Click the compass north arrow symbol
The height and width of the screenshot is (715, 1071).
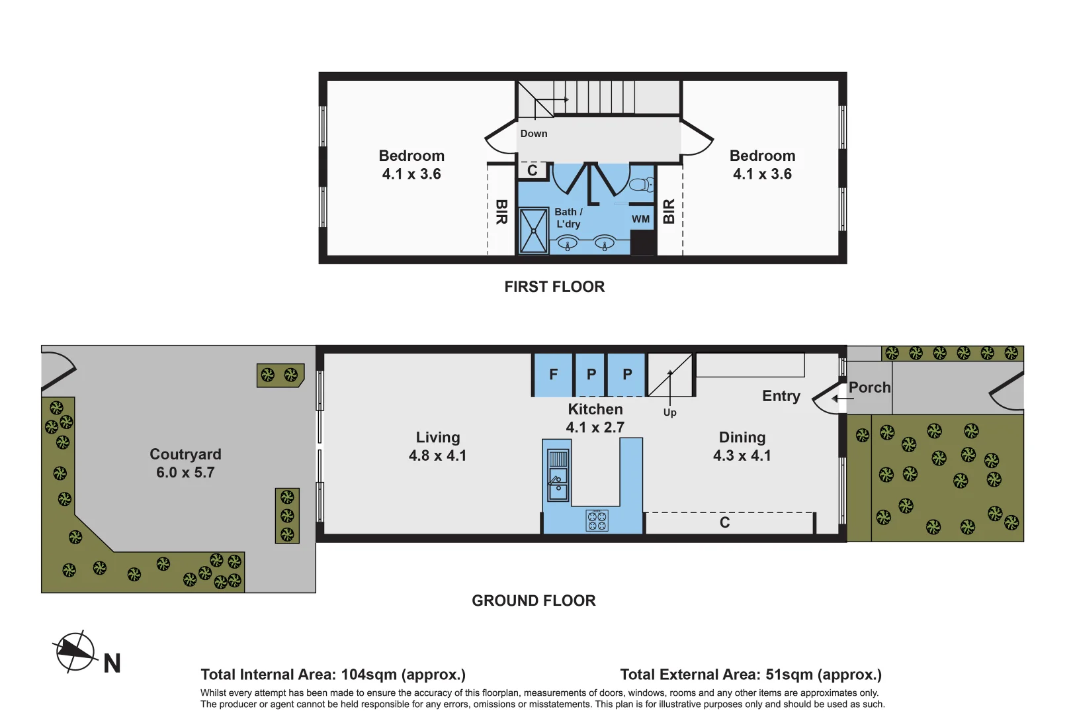coord(75,651)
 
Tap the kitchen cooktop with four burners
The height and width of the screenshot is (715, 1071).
coord(597,520)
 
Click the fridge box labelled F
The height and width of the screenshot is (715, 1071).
coord(553,375)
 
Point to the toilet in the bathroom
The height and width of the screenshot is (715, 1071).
coord(642,184)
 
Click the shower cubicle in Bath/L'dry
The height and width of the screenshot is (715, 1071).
coord(533,231)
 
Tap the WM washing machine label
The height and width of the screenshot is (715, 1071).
coord(640,219)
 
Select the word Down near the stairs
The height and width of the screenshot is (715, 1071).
coord(533,134)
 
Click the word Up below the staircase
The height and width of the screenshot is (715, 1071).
coord(669,412)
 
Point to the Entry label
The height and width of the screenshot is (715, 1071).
coord(781,396)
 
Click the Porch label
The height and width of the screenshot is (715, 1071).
coord(869,387)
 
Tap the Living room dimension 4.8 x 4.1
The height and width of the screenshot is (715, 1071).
coord(437,455)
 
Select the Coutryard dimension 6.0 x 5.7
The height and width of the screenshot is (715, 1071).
coord(185,473)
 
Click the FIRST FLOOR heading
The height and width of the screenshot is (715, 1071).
coord(554,287)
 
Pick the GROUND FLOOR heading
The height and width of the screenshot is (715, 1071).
coord(533,600)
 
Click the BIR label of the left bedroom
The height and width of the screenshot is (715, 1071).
coord(501,212)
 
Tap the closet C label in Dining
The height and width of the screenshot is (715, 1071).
coord(724,523)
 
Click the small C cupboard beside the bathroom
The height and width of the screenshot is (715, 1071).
coord(532,171)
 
